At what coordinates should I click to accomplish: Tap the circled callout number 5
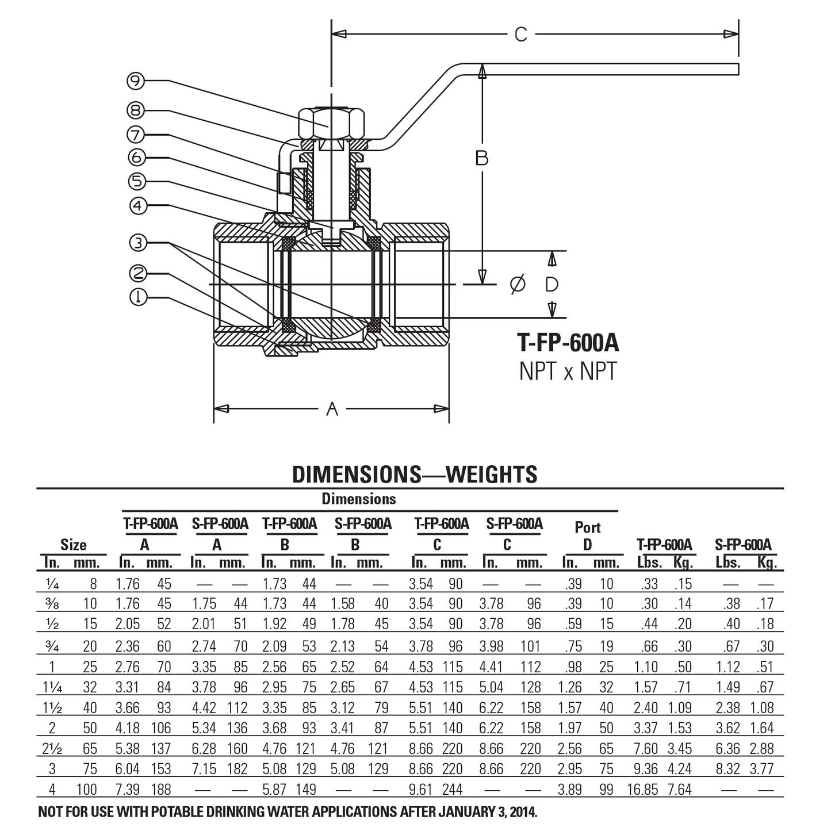coord(137,181)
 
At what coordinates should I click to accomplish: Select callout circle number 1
coord(138,297)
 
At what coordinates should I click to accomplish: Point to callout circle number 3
coord(138,243)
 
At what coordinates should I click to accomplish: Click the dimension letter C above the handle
coord(520,35)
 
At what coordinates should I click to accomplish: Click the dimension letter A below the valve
coord(332,409)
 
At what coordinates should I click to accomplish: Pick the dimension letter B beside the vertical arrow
coord(482,158)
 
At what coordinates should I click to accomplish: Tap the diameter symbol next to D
coord(518,284)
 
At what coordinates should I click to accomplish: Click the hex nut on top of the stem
coord(331,122)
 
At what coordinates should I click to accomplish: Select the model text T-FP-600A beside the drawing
coord(568,343)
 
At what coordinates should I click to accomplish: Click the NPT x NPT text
coord(568,372)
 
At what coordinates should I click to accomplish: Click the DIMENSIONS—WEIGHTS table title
coord(415,474)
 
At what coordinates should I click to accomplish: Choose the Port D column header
coord(587,535)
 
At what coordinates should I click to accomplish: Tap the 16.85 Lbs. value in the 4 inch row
coord(642,790)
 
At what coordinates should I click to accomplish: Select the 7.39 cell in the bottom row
coord(128,790)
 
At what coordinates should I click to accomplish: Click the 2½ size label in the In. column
coord(52,749)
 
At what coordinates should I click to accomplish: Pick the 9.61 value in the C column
coord(421,790)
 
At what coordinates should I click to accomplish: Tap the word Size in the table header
coord(73,545)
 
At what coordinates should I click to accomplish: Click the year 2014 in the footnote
coord(519,813)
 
